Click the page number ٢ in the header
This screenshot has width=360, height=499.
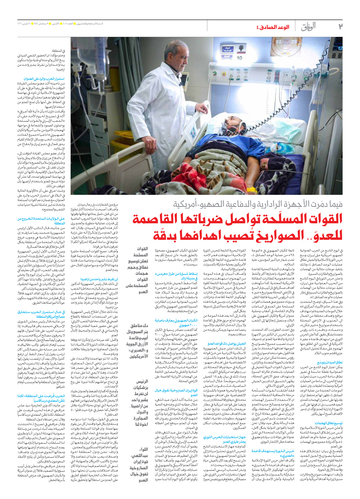(340, 26)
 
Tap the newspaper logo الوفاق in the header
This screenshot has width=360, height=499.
(308, 27)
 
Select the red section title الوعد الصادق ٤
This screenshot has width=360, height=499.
(272, 27)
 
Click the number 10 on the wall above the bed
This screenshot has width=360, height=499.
(239, 58)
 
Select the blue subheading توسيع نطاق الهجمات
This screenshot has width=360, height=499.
(329, 423)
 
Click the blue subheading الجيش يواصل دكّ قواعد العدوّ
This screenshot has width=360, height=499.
(227, 344)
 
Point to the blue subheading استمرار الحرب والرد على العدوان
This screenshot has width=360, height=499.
(44, 79)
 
